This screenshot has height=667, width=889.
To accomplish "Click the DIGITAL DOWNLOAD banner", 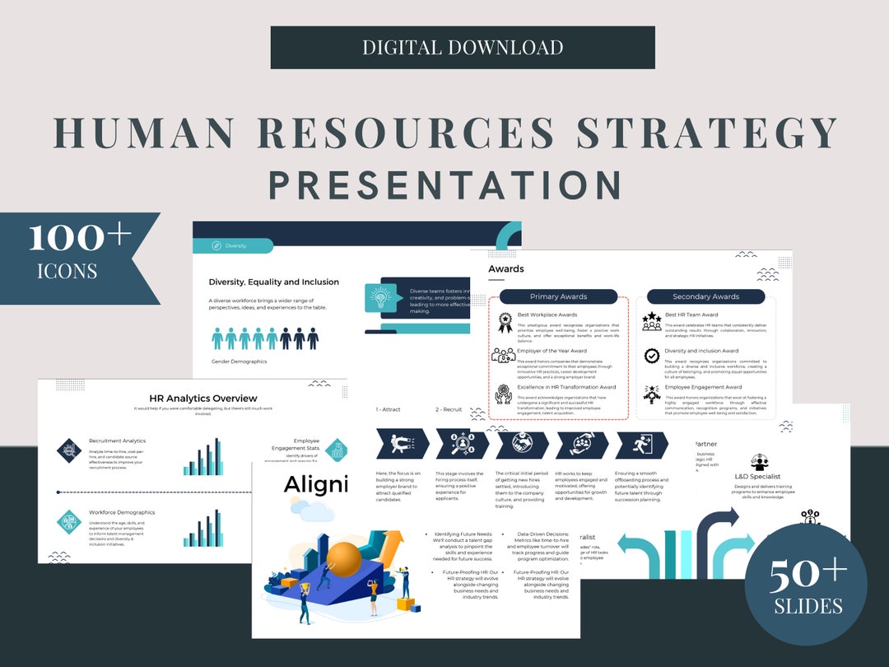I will pos(463,47).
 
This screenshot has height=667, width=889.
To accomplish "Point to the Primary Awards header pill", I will pos(558,296).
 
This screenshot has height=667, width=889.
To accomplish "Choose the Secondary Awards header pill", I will pos(705,296).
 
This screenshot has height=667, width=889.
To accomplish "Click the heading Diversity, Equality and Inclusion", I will pos(273,282).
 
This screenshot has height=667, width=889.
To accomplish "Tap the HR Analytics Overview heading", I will pos(202,399).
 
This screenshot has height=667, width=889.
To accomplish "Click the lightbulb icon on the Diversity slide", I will pos(379,297).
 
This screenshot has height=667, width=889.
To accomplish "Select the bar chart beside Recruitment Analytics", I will pos(202,456).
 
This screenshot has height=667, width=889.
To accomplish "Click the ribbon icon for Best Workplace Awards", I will pos(504,322).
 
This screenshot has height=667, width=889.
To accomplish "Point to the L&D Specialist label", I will pos(759,475).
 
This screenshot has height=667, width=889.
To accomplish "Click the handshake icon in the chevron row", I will pos(519,445).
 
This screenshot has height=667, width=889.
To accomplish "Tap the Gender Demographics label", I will pos(239,361).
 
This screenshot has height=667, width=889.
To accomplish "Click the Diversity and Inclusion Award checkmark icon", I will pos(652,356).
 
